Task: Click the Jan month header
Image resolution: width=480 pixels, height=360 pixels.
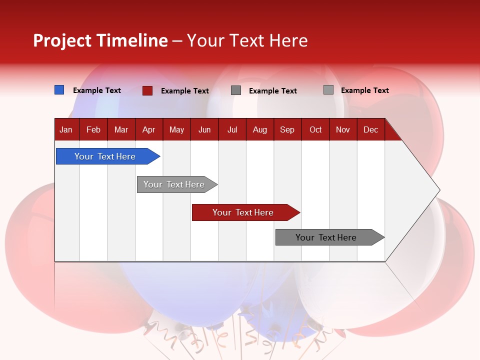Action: click(66, 130)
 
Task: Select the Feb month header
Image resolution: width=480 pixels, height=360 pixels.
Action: click(93, 130)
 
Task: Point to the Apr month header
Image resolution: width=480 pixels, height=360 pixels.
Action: click(148, 130)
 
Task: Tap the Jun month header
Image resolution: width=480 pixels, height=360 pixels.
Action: click(204, 130)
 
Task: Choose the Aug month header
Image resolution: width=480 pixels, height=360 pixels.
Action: click(259, 130)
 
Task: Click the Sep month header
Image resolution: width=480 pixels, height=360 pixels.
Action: click(287, 130)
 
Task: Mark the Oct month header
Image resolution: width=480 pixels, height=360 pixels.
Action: click(315, 130)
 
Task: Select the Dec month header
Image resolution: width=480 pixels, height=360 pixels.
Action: click(370, 130)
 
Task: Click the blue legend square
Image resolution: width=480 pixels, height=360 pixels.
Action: click(59, 90)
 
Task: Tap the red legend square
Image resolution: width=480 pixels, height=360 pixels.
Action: click(147, 90)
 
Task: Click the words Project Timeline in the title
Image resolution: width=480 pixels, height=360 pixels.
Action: click(100, 40)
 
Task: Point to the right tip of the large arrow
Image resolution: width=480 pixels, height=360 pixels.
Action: click(439, 190)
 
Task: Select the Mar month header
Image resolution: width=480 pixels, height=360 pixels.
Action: click(121, 130)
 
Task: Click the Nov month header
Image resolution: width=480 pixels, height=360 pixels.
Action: click(343, 130)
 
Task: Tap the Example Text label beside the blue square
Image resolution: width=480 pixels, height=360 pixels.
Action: click(97, 90)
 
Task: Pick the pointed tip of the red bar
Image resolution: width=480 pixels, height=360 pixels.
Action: click(298, 212)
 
